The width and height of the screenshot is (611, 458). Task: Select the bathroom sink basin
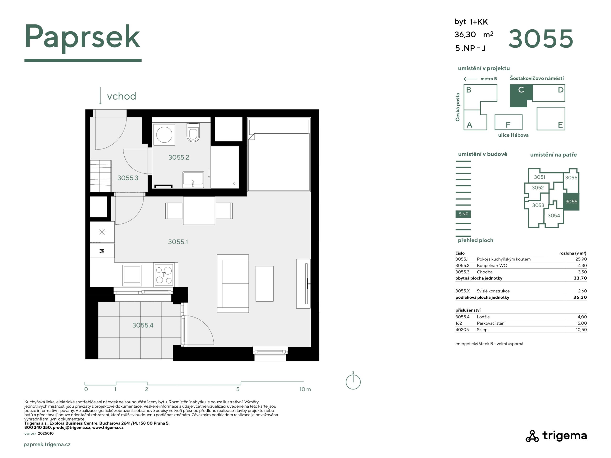pyautogui.click(x=193, y=179)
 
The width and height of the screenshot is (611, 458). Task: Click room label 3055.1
pyautogui.click(x=178, y=242)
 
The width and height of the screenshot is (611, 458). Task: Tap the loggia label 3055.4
pyautogui.click(x=142, y=325)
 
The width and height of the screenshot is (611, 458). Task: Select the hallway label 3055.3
pyautogui.click(x=128, y=178)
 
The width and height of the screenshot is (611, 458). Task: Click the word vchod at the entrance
pyautogui.click(x=121, y=96)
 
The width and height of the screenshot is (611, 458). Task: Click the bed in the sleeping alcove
pyautogui.click(x=279, y=155)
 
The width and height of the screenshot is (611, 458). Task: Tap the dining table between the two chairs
pyautogui.click(x=199, y=211)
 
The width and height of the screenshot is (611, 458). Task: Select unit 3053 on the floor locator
pyautogui.click(x=538, y=205)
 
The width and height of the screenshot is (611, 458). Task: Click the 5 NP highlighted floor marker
pyautogui.click(x=463, y=214)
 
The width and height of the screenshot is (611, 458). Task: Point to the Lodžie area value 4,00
pyautogui.click(x=582, y=317)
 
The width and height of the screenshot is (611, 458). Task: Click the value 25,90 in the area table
pyautogui.click(x=581, y=259)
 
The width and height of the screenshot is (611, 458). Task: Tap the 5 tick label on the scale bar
pyautogui.click(x=238, y=389)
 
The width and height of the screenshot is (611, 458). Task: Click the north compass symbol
pyautogui.click(x=353, y=381)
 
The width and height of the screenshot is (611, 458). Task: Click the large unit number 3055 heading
pyautogui.click(x=541, y=39)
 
